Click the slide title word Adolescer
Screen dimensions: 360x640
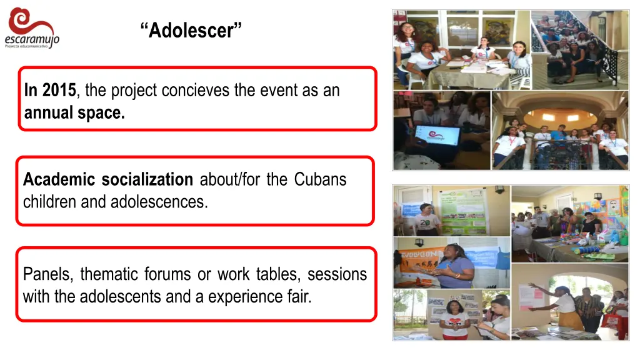[x=191, y=29]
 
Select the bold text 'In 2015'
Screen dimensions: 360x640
[x=50, y=91]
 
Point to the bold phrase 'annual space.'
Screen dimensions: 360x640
[x=74, y=114]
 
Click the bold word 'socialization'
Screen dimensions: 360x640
[x=147, y=180]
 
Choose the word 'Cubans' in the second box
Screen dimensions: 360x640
[x=320, y=180]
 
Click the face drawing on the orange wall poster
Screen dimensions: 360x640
[x=615, y=206]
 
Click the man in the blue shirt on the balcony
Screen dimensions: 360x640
[x=558, y=141]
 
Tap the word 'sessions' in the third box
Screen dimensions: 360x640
[x=337, y=274]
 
